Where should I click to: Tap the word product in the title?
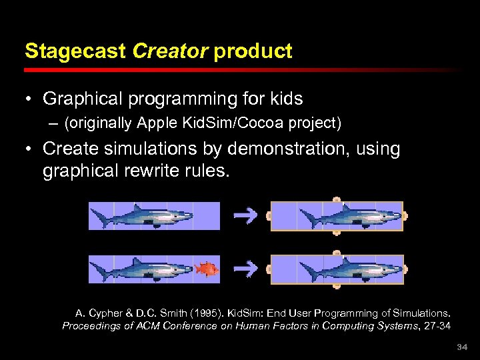[253, 51]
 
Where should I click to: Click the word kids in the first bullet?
[285, 99]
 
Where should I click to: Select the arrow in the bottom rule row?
[246, 269]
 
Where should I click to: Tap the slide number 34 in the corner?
[462, 348]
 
